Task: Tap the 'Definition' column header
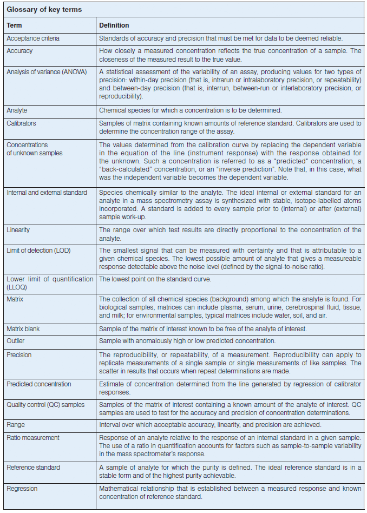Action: [114, 25]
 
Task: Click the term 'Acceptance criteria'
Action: [33, 38]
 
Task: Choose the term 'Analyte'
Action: [17, 110]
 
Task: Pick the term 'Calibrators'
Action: [22, 123]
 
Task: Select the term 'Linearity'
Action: [18, 230]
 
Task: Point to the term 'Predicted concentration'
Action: [39, 384]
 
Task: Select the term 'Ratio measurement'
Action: [33, 437]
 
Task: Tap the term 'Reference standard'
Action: [34, 467]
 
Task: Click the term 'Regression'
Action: [22, 488]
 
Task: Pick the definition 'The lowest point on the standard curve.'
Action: [155, 279]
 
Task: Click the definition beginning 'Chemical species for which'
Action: [190, 110]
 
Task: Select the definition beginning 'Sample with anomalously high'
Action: [187, 341]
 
